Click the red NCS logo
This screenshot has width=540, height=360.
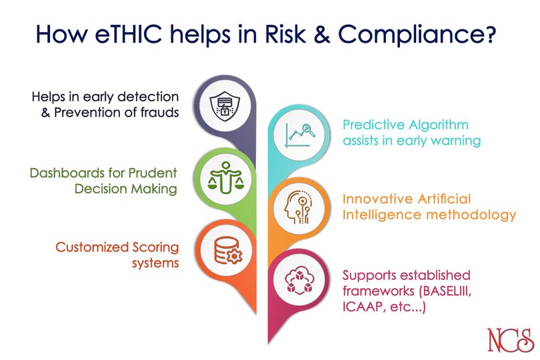509,339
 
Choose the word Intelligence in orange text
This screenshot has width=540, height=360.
384,215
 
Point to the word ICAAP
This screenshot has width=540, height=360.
362,307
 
